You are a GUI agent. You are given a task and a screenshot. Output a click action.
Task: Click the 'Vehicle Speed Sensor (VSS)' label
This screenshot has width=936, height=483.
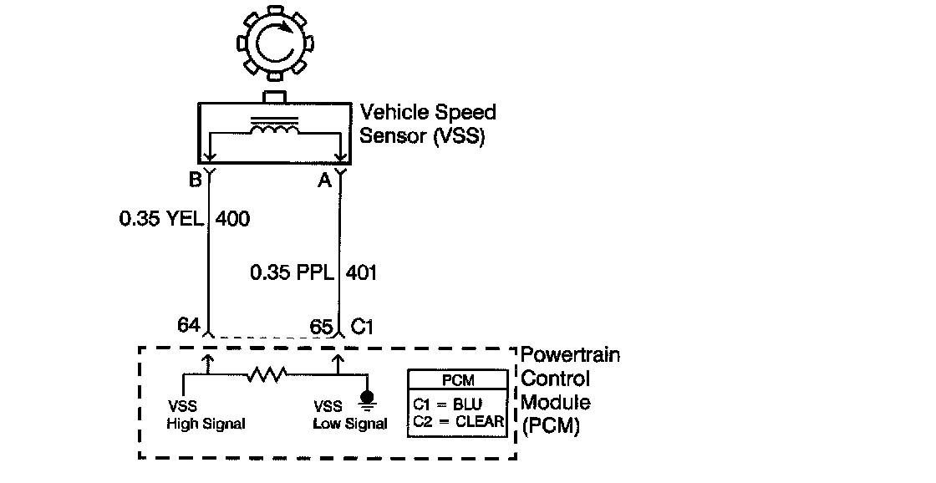[427, 124]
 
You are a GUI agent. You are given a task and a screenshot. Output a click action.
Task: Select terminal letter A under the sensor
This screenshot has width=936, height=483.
[323, 178]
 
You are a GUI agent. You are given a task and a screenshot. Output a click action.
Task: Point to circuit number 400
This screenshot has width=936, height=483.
[233, 219]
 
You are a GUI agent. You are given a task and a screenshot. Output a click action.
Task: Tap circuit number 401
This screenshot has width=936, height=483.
[360, 272]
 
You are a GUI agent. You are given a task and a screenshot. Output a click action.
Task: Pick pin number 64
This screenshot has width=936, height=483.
[190, 324]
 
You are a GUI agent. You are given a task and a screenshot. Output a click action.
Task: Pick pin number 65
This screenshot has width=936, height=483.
[321, 324]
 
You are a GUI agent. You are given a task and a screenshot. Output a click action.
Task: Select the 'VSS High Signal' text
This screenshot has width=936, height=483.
[206, 415]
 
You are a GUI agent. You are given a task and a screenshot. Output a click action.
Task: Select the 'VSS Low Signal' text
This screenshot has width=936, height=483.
[350, 415]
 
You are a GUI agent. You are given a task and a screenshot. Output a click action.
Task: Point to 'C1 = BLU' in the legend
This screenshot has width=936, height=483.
[448, 403]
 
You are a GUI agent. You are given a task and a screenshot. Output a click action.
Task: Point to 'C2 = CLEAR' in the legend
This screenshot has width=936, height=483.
[459, 421]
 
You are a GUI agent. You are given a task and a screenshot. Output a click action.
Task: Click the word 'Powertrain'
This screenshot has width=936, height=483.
[571, 355]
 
